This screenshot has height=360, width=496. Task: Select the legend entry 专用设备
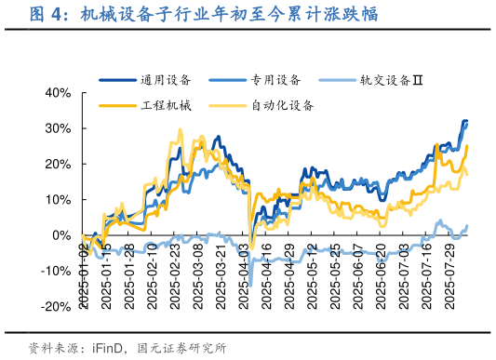[x=275, y=80]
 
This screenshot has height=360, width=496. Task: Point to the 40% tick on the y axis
[x=58, y=93]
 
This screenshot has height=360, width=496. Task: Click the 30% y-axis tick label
[x=58, y=128]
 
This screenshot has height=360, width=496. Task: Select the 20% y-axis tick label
[x=58, y=164]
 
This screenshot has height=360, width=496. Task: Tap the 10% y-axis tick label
[x=58, y=200]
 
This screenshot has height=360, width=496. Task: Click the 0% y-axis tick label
[x=61, y=235]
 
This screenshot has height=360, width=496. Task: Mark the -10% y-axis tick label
[x=56, y=271]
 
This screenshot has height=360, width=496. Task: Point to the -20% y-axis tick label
[x=56, y=307]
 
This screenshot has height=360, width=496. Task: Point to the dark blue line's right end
[x=467, y=121]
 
